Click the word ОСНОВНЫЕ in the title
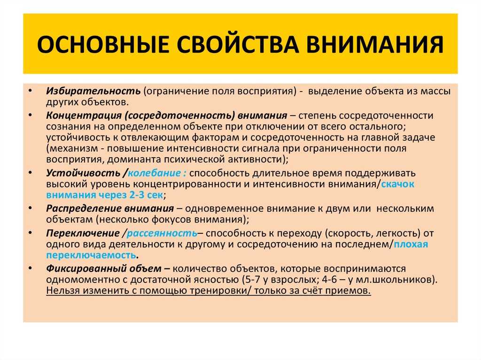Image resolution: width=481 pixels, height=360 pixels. tap(103, 44)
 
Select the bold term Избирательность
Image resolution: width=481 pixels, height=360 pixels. tap(93, 91)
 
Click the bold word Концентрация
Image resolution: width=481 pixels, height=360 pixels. tap(84, 115)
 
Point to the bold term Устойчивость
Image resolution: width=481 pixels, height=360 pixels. tap(83, 173)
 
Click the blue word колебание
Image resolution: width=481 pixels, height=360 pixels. tap(154, 173)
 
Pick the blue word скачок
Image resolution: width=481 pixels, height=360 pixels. tap(397, 184)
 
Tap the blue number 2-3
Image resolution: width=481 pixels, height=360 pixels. tap(137, 195)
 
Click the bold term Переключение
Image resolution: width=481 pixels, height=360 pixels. tap(83, 233)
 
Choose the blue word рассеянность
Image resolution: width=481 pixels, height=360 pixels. tap(162, 233)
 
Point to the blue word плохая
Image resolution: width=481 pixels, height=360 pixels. tap(411, 245)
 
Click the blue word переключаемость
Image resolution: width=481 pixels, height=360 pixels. tap(91, 255)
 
